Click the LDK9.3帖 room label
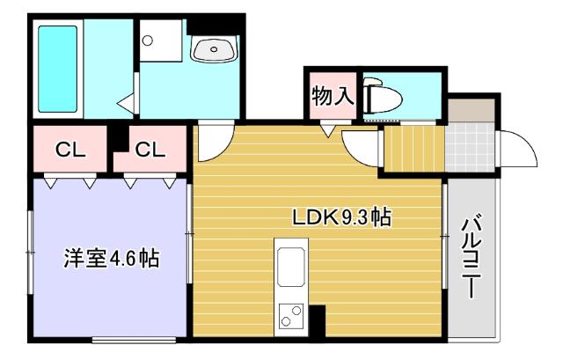click(342, 215)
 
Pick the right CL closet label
click(150, 150)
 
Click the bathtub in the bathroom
click(58, 68)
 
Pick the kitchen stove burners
click(291, 312)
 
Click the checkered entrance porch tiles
click(470, 146)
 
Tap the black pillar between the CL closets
click(117, 141)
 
